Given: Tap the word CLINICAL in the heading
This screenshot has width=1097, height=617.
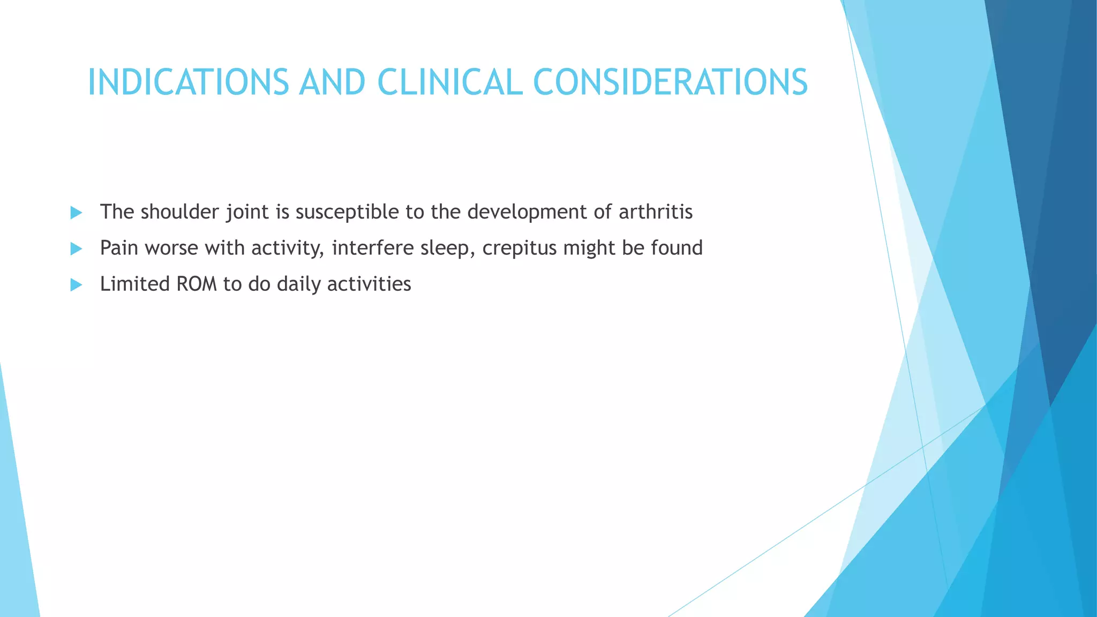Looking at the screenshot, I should pyautogui.click(x=449, y=83).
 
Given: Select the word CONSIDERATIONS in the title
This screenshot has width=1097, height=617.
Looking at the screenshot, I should pyautogui.click(x=670, y=83).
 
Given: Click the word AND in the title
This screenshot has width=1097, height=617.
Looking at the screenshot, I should pyautogui.click(x=332, y=83).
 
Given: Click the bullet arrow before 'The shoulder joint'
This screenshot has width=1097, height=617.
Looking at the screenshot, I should pyautogui.click(x=76, y=213).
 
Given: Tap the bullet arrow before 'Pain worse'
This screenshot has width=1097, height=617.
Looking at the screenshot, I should pyautogui.click(x=76, y=249).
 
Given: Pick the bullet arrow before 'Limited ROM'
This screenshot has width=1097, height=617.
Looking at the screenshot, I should pyautogui.click(x=76, y=284).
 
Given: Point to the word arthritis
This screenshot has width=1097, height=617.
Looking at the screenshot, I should pyautogui.click(x=656, y=212).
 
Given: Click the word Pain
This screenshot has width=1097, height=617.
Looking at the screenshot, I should pyautogui.click(x=119, y=248).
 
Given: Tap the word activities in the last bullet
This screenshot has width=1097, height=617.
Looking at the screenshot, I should pyautogui.click(x=369, y=284).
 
